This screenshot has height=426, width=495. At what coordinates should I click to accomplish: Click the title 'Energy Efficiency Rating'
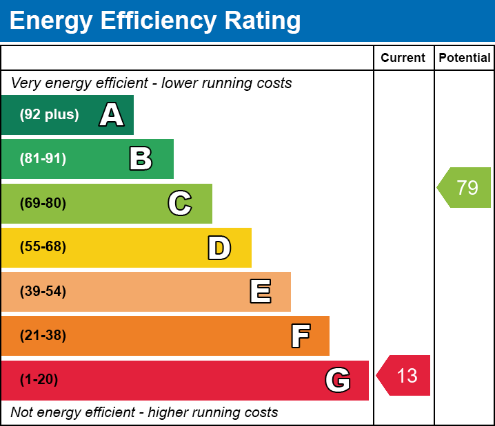pyautogui.click(x=155, y=21)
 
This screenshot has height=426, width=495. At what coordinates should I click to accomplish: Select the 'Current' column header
pyautogui.click(x=403, y=58)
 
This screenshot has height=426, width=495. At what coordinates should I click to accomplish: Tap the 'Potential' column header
pyautogui.click(x=465, y=58)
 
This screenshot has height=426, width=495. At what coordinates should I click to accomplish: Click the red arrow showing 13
pyautogui.click(x=405, y=376)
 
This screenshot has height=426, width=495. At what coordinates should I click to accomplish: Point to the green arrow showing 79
pyautogui.click(x=465, y=187)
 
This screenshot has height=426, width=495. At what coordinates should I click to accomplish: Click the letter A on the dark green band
pyautogui.click(x=112, y=115)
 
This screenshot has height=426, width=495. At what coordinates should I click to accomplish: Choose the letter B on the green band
pyautogui.click(x=141, y=159)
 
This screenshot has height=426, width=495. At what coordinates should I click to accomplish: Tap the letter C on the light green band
pyautogui.click(x=180, y=204)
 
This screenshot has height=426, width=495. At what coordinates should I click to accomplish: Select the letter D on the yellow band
pyautogui.click(x=219, y=248)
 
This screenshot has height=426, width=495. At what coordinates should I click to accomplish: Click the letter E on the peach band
pyautogui.click(x=260, y=292)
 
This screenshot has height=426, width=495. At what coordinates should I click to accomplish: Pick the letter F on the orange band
pyautogui.click(x=300, y=336)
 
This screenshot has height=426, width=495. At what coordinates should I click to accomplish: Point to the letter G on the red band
pyautogui.click(x=338, y=380)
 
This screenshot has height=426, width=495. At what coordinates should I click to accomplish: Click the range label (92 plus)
pyautogui.click(x=49, y=115)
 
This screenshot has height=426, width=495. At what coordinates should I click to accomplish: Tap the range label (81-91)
pyautogui.click(x=43, y=159)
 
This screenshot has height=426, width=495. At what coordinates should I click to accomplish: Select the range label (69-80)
pyautogui.click(x=43, y=204)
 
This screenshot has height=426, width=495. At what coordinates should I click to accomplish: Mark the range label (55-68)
pyautogui.click(x=43, y=247)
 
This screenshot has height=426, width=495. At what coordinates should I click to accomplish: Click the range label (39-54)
pyautogui.click(x=43, y=292)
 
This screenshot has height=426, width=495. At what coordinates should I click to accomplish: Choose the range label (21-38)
pyautogui.click(x=43, y=336)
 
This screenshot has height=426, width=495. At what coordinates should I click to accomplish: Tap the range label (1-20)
pyautogui.click(x=39, y=380)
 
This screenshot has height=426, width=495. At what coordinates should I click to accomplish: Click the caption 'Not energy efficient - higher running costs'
pyautogui.click(x=144, y=413)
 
